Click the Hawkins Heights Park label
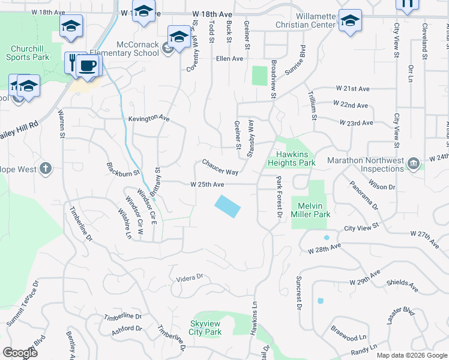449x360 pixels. click(x=295, y=158)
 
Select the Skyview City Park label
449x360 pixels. click(x=205, y=328)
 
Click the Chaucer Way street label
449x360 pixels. click(x=220, y=167)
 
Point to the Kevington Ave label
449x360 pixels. click(x=149, y=119)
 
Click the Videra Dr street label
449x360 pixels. click(x=190, y=278)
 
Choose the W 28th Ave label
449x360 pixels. click(x=324, y=248)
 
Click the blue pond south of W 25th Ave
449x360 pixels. click(x=228, y=206)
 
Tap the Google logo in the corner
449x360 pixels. click(x=20, y=353)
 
